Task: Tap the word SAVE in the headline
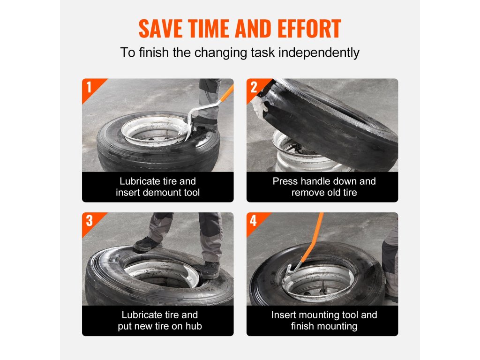coord(160,29)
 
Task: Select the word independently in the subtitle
coord(319,52)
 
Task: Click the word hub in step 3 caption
coord(194,326)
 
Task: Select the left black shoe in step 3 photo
coord(147,244)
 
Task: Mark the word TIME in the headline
coord(209,29)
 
